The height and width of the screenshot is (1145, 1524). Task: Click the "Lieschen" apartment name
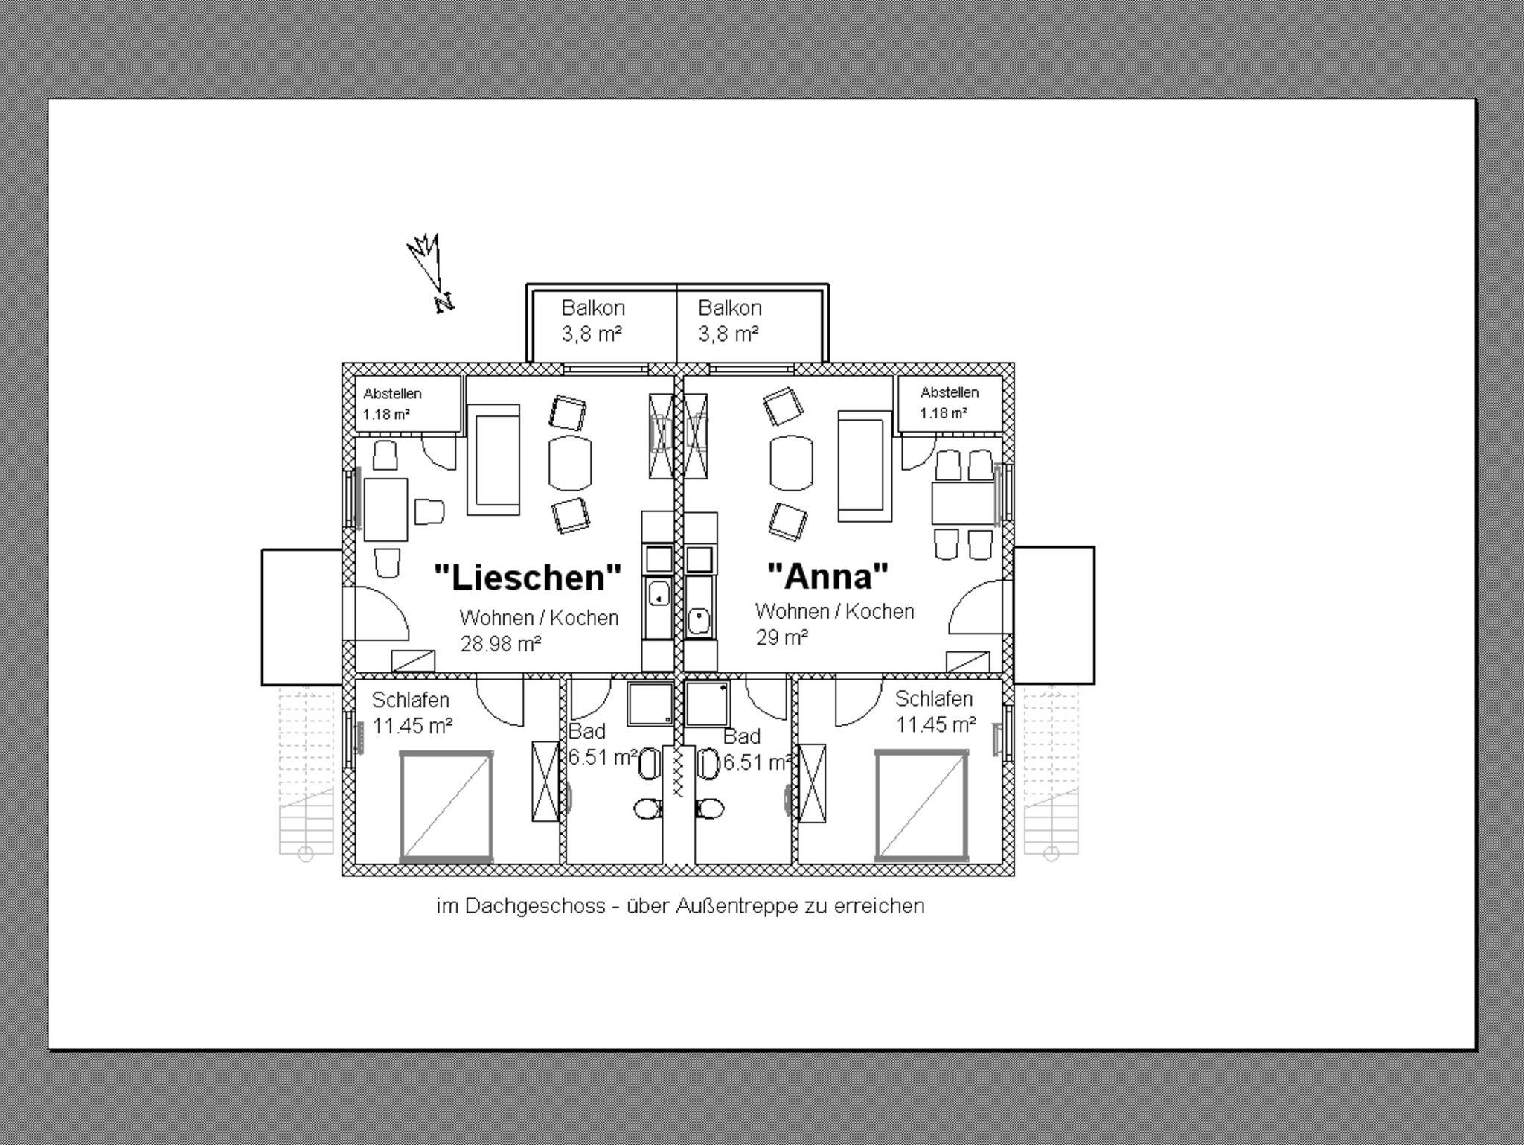pyautogui.click(x=528, y=577)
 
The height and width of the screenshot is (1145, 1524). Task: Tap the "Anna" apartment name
pyautogui.click(x=827, y=575)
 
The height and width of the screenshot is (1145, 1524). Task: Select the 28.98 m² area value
pyautogui.click(x=501, y=644)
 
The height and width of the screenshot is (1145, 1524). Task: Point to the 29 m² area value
pyautogui.click(x=782, y=638)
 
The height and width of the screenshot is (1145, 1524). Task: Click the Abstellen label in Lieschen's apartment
pyautogui.click(x=392, y=394)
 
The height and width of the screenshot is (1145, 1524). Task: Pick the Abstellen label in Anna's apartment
pyautogui.click(x=950, y=392)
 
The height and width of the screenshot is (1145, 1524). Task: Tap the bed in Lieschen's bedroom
pyautogui.click(x=446, y=806)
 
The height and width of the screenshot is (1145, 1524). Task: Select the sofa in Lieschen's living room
pyautogui.click(x=493, y=459)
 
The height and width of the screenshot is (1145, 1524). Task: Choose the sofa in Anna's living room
pyautogui.click(x=865, y=466)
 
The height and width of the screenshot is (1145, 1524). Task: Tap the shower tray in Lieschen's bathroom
pyautogui.click(x=651, y=703)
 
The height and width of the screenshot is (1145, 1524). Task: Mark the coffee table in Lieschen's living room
pyautogui.click(x=570, y=463)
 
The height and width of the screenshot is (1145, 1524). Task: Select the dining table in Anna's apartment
pyautogui.click(x=964, y=503)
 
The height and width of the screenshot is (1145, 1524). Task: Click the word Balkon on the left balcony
pyautogui.click(x=593, y=307)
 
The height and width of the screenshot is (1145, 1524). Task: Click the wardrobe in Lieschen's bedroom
pyautogui.click(x=545, y=782)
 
